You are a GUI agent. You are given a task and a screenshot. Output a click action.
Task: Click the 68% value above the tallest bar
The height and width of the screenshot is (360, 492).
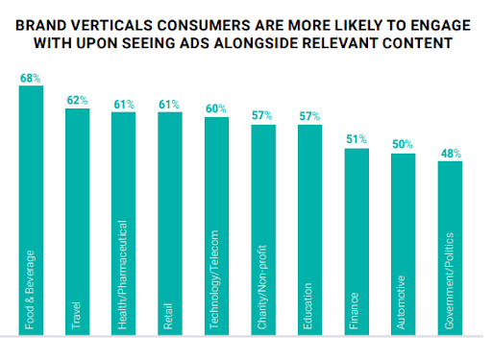pyautogui.click(x=32, y=76)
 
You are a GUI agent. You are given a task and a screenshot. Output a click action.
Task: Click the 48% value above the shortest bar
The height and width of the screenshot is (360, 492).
pyautogui.click(x=450, y=152)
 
